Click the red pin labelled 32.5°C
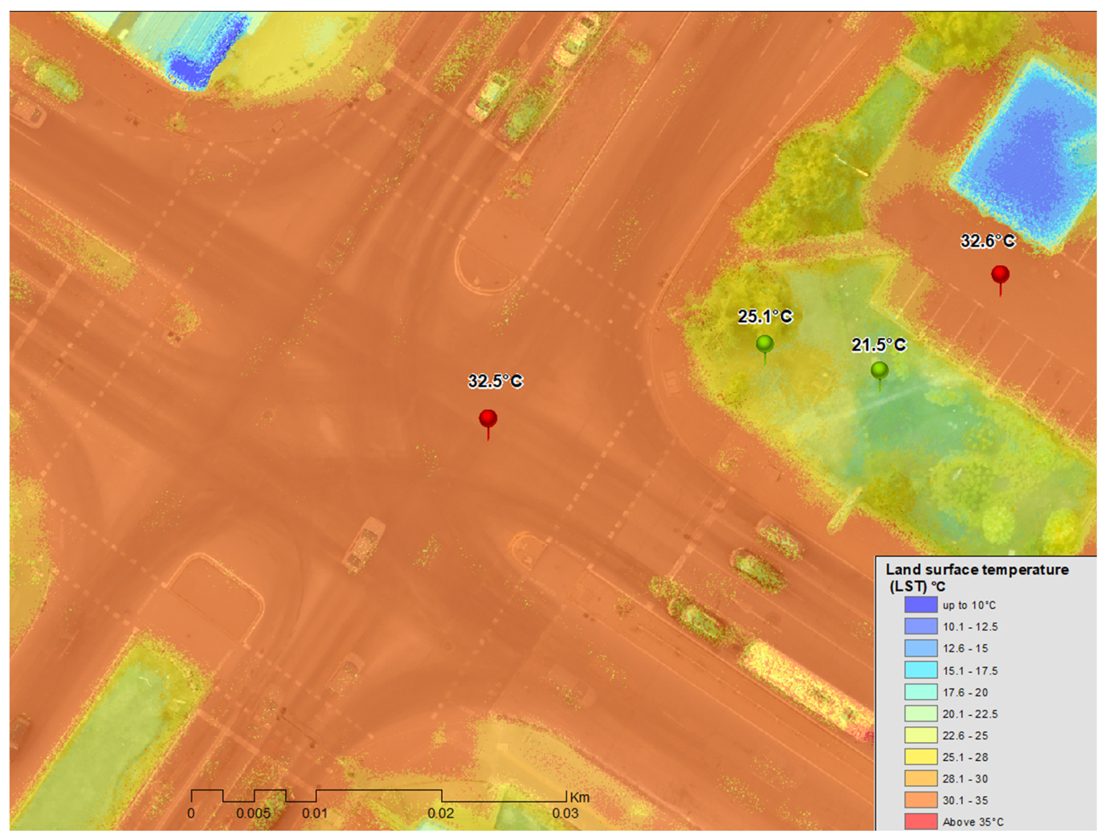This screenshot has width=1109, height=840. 488,419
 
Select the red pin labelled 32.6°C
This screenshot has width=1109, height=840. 1000,275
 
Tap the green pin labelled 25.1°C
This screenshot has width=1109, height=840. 764,345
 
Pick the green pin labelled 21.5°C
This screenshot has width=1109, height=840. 879,371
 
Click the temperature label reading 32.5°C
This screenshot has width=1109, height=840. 495,381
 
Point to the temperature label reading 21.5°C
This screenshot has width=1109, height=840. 879,345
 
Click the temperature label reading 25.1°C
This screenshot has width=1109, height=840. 765,317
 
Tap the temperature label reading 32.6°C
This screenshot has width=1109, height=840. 988,241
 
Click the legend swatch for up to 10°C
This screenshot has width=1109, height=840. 921,605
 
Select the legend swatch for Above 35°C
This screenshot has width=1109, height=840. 921,822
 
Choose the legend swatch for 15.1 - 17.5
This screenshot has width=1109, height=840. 921,670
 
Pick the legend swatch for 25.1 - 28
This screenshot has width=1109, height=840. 921,757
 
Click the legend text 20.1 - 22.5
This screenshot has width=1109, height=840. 970,714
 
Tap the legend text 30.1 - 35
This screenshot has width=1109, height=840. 965,801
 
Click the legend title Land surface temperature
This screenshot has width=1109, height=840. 977,570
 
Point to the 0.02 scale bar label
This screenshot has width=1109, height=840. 441,814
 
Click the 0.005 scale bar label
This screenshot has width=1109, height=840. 253,814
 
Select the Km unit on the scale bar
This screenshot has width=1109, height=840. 579,798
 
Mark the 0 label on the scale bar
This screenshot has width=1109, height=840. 191,814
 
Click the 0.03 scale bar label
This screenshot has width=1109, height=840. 565,814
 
